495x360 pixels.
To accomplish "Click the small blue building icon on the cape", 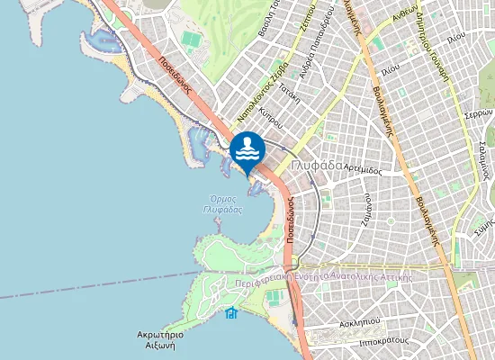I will point(231,312).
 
